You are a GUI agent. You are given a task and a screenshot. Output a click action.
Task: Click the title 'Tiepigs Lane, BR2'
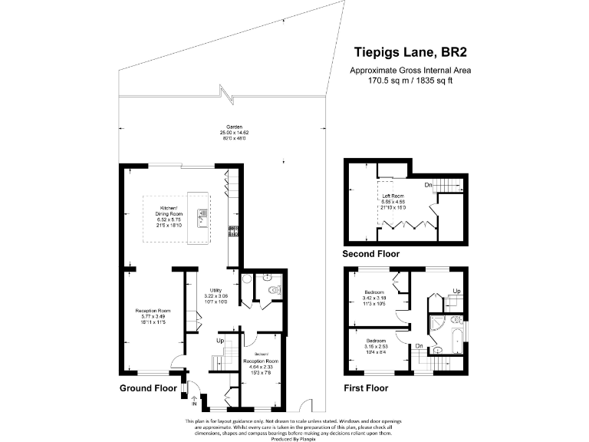(x=410, y=52)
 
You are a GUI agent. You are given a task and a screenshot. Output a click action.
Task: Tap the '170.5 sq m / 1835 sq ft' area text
(x=410, y=80)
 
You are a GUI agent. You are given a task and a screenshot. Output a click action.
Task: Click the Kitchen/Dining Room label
(x=169, y=208)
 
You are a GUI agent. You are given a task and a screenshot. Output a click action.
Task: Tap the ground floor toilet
(x=276, y=290)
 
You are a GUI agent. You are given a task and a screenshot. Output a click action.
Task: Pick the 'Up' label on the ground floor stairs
(x=219, y=341)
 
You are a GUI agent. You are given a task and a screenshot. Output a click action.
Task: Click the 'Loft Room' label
(x=393, y=196)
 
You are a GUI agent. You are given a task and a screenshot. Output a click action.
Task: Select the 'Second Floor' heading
(x=372, y=254)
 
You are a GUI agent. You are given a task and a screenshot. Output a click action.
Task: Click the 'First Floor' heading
(x=366, y=388)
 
